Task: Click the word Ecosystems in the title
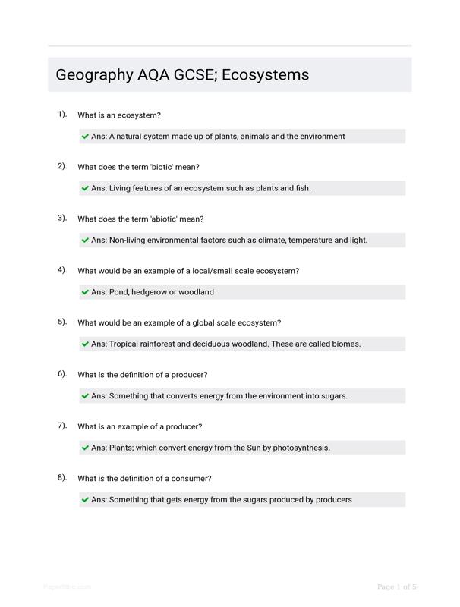(x=266, y=75)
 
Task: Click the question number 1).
(x=62, y=115)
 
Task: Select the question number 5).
(x=62, y=322)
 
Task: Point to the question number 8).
(x=62, y=478)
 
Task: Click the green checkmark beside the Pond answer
(x=85, y=292)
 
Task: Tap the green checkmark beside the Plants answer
(x=85, y=448)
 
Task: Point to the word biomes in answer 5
(x=344, y=344)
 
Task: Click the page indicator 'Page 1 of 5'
(x=397, y=587)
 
